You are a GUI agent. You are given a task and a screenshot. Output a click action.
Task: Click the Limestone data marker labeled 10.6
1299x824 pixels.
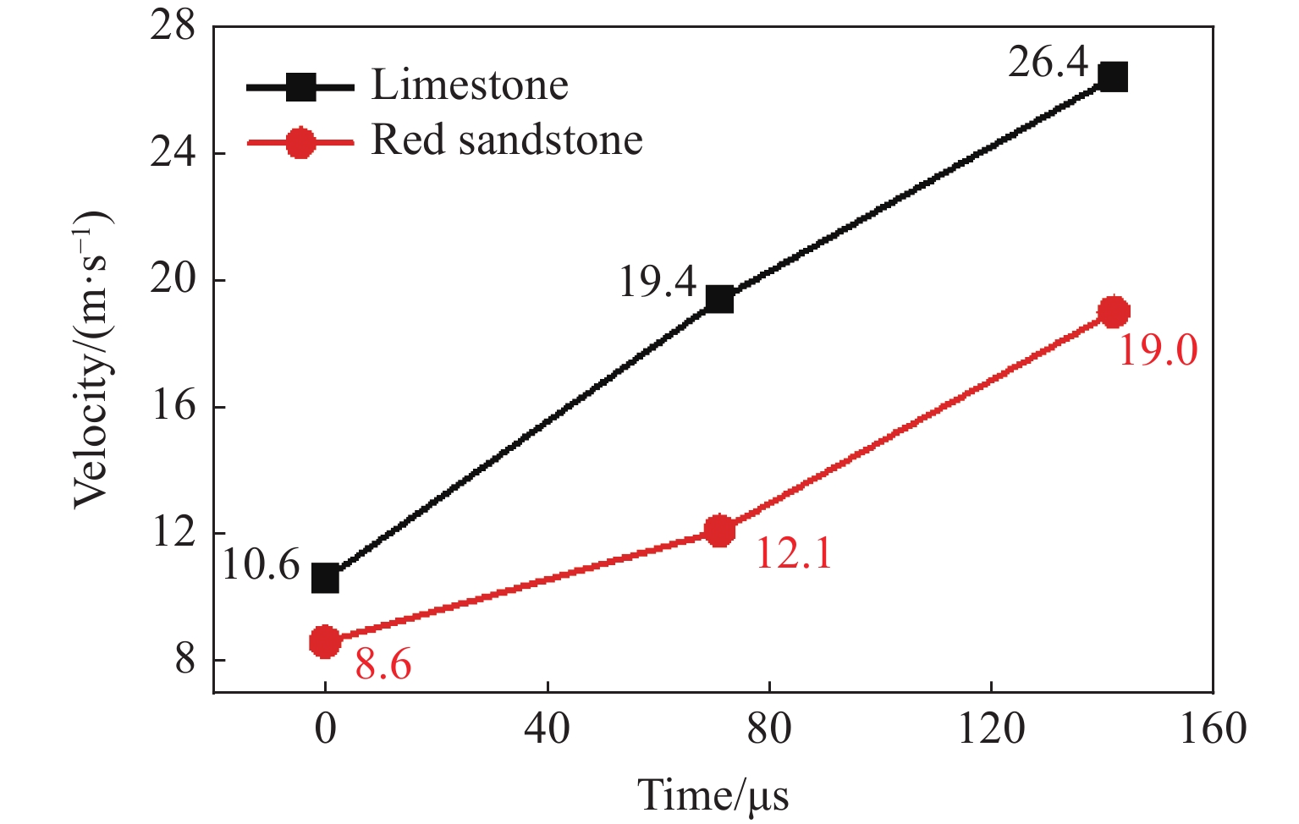[325, 580]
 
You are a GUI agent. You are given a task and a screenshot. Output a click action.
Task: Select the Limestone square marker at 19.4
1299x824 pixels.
[718, 299]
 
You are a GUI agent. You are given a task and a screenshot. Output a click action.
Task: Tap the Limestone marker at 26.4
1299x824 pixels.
[1114, 77]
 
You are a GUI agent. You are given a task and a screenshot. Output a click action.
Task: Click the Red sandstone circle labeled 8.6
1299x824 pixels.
[325, 642]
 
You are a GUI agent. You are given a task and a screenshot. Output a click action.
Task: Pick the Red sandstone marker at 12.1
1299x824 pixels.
[718, 530]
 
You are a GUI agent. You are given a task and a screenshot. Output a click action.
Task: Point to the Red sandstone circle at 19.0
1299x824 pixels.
[1114, 312]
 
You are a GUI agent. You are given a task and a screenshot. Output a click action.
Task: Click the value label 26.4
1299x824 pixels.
[1047, 63]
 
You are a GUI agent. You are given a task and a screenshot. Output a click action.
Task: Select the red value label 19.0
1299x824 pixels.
[1158, 349]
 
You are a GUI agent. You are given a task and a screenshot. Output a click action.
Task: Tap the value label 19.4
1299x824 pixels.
[658, 282]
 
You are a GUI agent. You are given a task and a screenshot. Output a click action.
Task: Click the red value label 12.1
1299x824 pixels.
[793, 553]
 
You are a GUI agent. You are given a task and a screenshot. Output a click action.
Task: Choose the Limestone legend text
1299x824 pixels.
[470, 85]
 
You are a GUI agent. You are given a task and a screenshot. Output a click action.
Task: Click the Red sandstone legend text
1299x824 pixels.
[507, 140]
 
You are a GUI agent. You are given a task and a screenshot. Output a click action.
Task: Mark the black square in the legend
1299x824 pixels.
[300, 86]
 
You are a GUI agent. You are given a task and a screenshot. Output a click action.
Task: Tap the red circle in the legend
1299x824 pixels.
[300, 142]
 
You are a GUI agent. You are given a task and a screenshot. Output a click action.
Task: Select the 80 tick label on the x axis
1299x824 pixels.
[769, 728]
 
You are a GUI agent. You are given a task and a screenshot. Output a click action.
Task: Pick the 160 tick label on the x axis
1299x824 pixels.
[1213, 728]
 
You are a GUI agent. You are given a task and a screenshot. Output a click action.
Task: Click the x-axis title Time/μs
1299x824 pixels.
[713, 795]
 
